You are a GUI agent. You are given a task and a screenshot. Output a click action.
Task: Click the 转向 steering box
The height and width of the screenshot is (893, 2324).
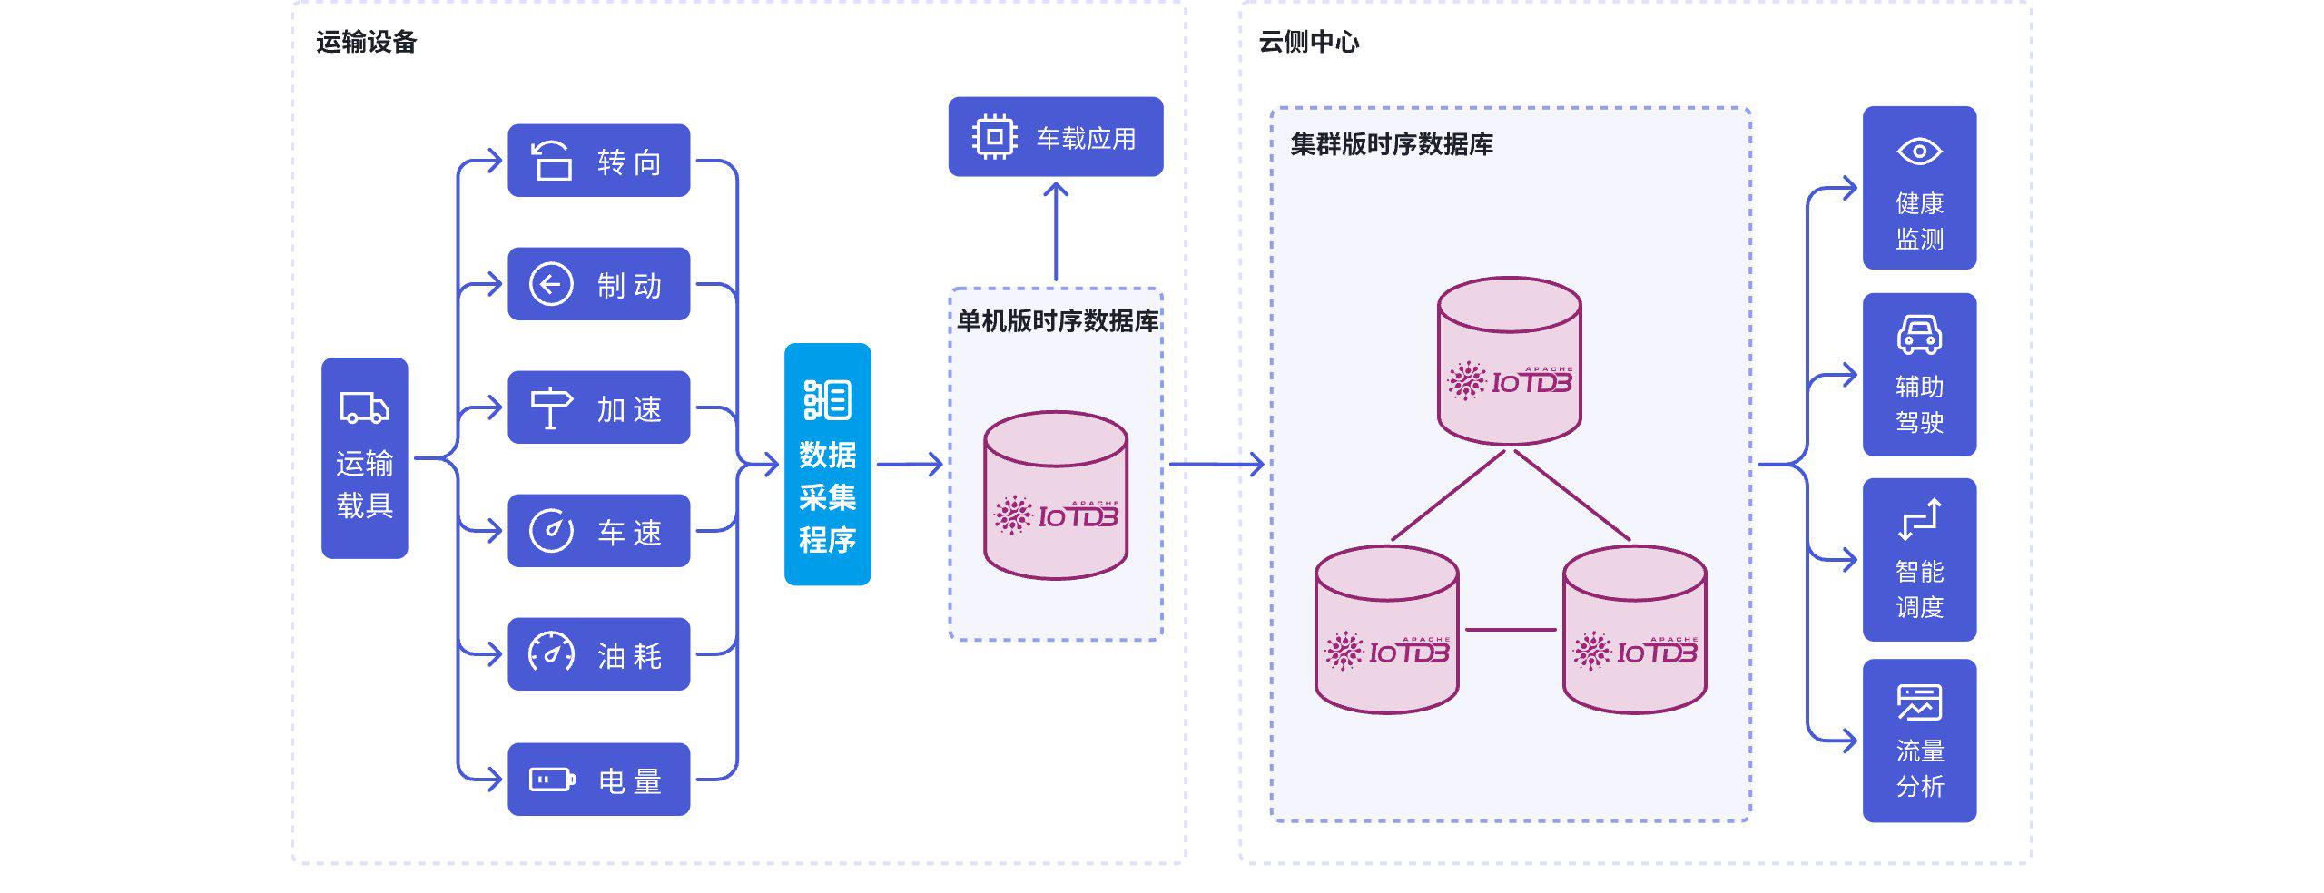(x=598, y=161)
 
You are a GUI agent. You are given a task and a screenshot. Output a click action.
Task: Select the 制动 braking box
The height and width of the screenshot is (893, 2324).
(x=598, y=284)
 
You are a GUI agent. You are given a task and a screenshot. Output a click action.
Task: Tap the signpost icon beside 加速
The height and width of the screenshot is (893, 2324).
(x=550, y=407)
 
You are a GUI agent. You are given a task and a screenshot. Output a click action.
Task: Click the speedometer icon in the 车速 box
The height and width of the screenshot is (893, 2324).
(x=551, y=531)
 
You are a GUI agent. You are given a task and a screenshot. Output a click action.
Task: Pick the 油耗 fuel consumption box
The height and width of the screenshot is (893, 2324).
(x=598, y=654)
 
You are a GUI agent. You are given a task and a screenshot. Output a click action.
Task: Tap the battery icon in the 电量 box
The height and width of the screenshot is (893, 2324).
(x=552, y=780)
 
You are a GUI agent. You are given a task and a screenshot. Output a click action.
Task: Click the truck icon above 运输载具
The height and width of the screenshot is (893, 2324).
(x=364, y=408)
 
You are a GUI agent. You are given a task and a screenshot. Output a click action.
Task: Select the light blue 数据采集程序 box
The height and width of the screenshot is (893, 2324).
(x=827, y=465)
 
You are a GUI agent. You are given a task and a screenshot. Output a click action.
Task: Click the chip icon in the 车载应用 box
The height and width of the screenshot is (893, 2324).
(x=994, y=137)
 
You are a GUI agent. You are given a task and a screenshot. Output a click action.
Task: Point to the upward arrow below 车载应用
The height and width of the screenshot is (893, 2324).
(x=1056, y=231)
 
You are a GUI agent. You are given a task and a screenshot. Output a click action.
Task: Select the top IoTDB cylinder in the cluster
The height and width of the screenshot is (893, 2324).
(x=1510, y=361)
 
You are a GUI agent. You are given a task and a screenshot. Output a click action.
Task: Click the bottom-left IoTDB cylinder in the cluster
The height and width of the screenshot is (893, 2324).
(x=1386, y=630)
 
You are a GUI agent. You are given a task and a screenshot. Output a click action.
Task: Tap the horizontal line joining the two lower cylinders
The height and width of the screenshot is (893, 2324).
(x=1511, y=629)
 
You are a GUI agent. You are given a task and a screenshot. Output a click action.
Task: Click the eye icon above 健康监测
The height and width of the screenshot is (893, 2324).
(x=1919, y=152)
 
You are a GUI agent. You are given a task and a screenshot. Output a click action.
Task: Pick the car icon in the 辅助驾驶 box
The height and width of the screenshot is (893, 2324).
(x=1919, y=335)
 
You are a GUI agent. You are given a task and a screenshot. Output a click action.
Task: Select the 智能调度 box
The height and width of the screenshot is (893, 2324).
(x=1919, y=559)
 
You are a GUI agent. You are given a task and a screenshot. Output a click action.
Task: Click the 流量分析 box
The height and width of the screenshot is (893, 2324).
(x=1919, y=741)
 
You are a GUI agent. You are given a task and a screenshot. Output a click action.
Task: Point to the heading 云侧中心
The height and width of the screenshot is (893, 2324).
(x=1308, y=42)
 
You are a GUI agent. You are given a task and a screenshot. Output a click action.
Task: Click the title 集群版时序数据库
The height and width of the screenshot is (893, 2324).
(x=1391, y=144)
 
